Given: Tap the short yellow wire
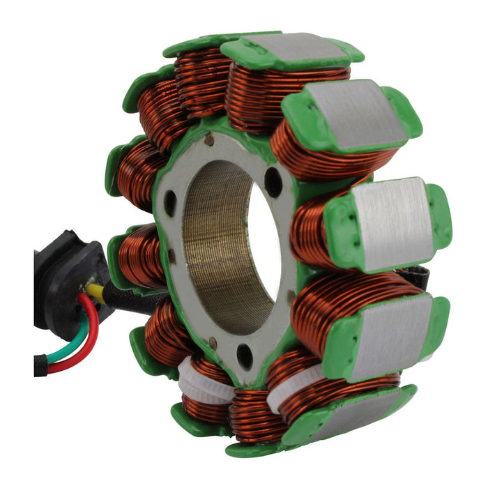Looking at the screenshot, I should (x=98, y=293).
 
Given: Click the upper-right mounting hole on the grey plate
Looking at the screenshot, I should (x=273, y=183).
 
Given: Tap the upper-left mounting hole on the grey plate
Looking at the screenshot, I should (x=169, y=202).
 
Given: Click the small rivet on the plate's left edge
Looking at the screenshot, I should (x=171, y=256).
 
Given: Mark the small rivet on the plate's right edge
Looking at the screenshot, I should (x=291, y=297).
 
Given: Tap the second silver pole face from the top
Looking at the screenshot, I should (x=356, y=112).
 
